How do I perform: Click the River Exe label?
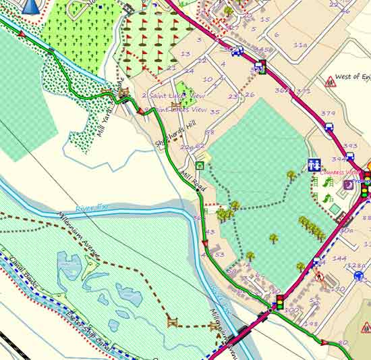92,208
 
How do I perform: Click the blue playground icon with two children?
314,164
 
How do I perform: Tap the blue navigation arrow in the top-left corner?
30,6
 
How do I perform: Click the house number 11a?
300,45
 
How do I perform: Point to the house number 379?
328,113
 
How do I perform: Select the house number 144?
339,259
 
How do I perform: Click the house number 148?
311,324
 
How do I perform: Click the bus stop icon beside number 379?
329,126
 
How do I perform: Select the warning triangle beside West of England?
331,82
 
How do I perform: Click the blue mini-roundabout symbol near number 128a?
358,276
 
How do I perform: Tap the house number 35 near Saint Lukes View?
215,112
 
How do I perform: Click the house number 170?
338,289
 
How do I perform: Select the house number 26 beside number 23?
250,94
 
